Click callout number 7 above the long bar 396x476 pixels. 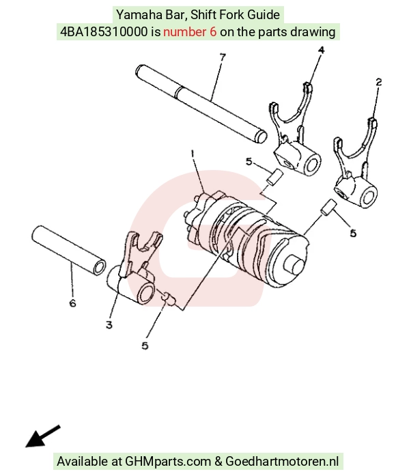click(223, 57)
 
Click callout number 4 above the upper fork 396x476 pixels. click(321, 49)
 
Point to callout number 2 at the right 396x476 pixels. click(378, 82)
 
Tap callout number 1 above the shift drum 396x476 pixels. click(193, 154)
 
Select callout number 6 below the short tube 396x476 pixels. click(72, 303)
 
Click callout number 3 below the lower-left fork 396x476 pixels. click(109, 325)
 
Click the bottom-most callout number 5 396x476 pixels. click(145, 346)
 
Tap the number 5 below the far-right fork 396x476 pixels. click(353, 233)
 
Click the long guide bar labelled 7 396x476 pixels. click(201, 104)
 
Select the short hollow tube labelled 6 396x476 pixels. click(69, 251)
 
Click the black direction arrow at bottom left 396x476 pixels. click(42, 436)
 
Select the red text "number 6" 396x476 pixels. click(190, 31)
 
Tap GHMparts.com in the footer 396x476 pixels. click(168, 462)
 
